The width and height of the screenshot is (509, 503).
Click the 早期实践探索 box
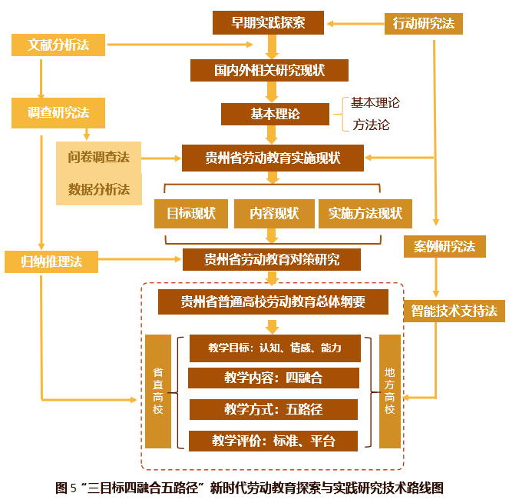click(268, 23)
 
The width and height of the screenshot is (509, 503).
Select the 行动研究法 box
click(423, 23)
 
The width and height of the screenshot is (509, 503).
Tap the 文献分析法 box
click(58, 45)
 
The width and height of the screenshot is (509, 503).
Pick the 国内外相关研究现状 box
click(269, 70)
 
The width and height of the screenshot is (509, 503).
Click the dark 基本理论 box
click(275, 114)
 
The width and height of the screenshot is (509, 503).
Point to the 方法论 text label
click(372, 124)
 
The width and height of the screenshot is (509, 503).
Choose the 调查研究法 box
click(58, 113)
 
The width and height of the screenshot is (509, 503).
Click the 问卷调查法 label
click(98, 157)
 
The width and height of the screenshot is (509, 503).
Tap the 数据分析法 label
click(98, 189)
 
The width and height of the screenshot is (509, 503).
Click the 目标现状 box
click(190, 213)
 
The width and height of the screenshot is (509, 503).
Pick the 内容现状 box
click(274, 213)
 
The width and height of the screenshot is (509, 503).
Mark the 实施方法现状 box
click(365, 213)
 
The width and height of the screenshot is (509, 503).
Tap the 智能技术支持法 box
click(452, 311)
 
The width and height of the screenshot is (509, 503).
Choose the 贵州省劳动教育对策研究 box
click(272, 259)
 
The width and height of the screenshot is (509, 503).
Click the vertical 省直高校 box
click(157, 391)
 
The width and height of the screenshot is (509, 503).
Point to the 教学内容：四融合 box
click(273, 378)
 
